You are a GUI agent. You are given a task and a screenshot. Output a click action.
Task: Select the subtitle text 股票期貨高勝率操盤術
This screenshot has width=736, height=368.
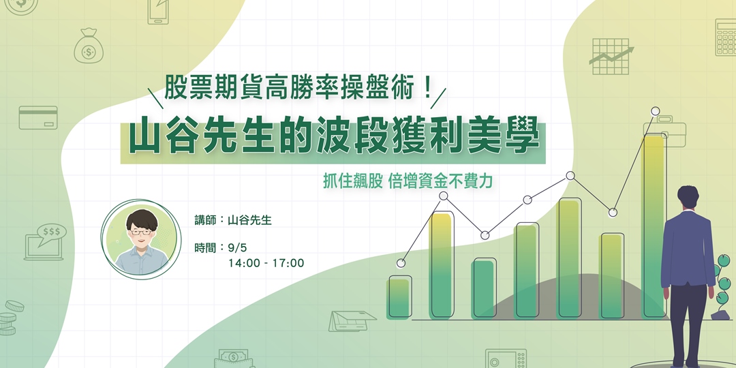(x=298, y=89)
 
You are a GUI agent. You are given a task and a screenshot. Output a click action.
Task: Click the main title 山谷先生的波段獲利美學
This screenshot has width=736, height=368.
(x=334, y=138)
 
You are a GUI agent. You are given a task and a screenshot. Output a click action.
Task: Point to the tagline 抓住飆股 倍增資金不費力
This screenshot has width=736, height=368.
(x=408, y=182)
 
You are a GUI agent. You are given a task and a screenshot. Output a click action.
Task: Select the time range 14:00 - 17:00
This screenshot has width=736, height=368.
(x=266, y=262)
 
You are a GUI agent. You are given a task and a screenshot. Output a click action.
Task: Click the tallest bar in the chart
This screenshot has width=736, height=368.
(x=654, y=225)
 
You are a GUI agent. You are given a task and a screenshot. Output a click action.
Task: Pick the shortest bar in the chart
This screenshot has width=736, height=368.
(x=399, y=297)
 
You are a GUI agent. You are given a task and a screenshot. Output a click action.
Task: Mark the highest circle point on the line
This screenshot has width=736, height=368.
(x=656, y=110)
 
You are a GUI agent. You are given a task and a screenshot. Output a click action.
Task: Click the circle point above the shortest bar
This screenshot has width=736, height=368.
(x=401, y=263)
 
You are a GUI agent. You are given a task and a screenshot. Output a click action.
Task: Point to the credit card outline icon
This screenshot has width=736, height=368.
(x=38, y=117)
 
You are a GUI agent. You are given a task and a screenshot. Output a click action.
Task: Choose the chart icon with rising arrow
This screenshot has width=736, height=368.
(x=611, y=55)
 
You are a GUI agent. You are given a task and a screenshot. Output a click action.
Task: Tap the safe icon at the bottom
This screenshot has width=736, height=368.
(x=506, y=358)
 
